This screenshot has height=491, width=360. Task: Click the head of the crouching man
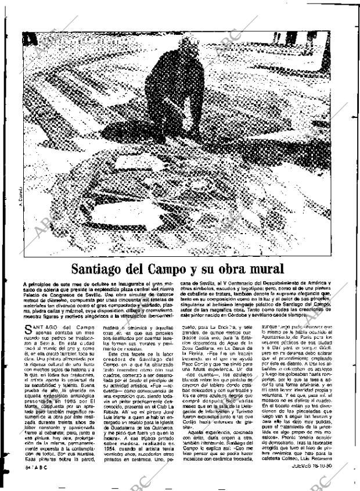click(187, 44)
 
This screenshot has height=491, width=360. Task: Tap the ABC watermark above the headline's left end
click(46, 227)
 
